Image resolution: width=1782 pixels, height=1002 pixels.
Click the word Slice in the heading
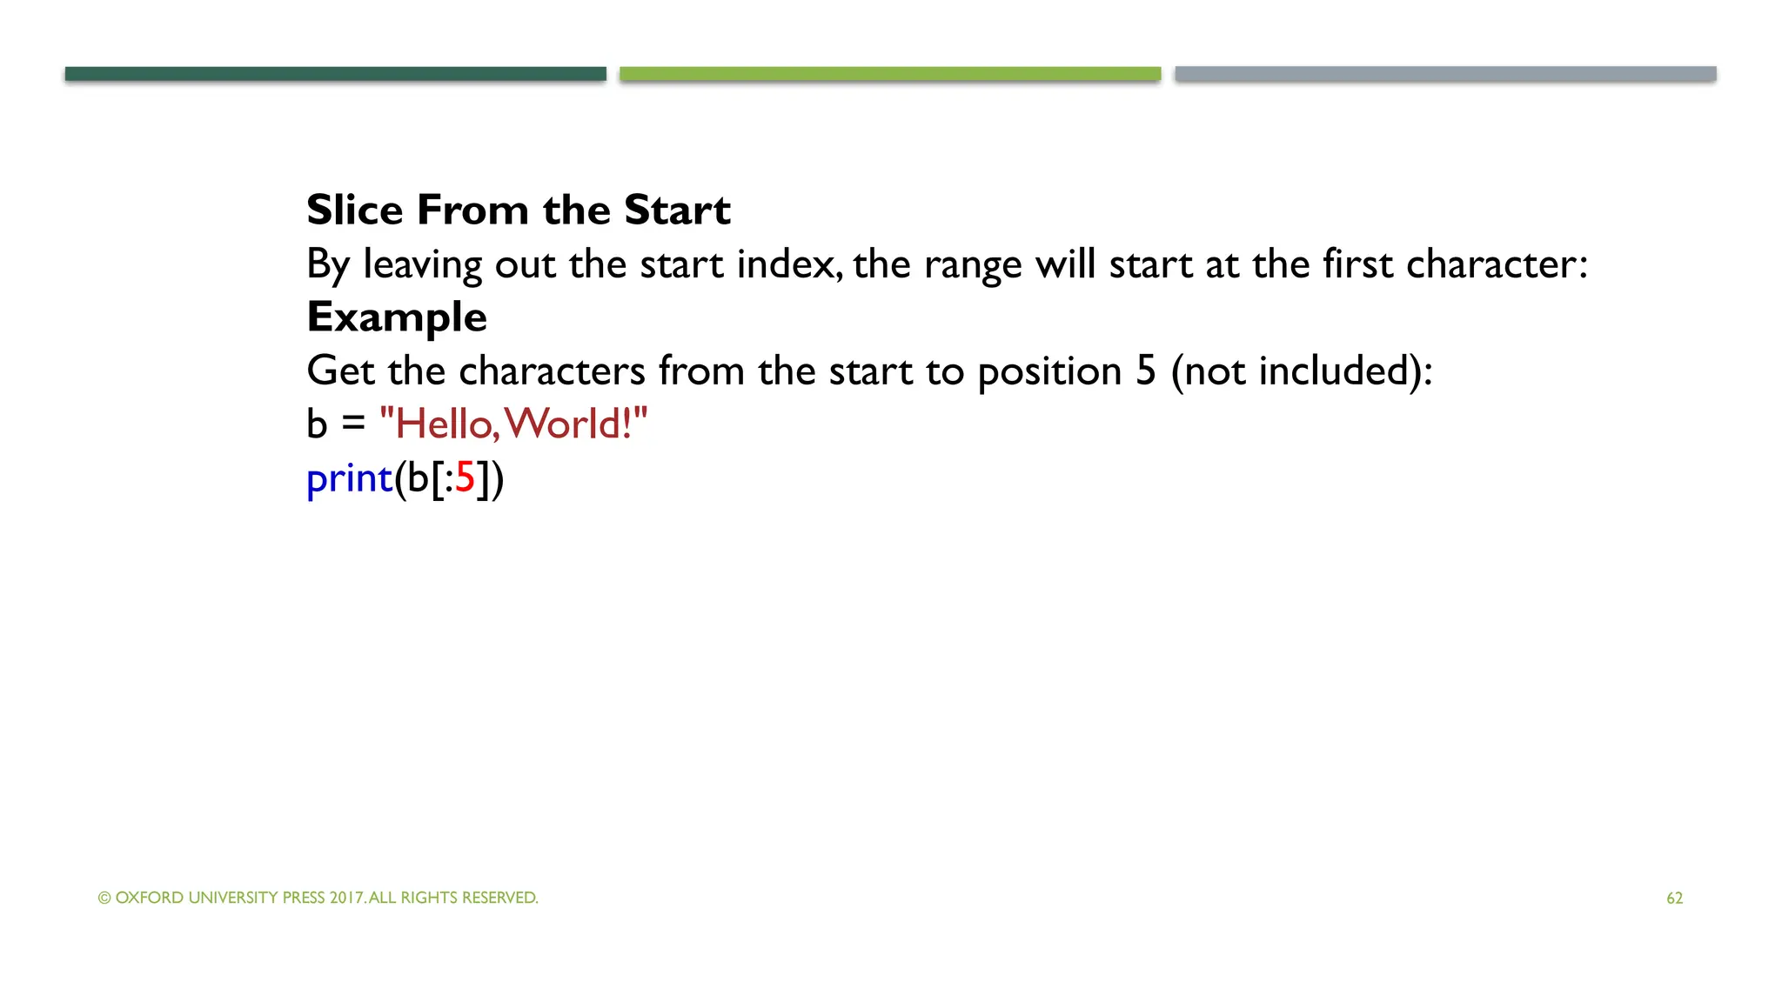coord(355,210)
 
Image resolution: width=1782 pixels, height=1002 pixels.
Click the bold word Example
coord(397,317)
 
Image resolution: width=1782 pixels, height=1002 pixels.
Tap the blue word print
coord(350,478)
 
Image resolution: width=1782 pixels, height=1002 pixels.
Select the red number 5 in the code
coord(465,478)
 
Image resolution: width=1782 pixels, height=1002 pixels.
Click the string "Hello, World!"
coord(513,424)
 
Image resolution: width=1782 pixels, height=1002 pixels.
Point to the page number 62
coord(1674,898)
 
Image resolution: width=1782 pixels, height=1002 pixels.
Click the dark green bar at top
coord(335,74)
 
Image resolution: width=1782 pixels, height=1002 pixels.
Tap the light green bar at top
coord(890,74)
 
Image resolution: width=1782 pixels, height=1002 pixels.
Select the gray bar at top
coord(1445,74)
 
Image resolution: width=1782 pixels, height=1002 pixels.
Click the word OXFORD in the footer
coord(149,898)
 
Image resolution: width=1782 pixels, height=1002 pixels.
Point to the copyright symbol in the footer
coord(104,898)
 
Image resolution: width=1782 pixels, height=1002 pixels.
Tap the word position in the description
coord(1049,371)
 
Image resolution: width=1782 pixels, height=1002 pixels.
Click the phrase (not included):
coord(1302,371)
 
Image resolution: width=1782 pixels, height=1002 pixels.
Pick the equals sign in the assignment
coord(353,425)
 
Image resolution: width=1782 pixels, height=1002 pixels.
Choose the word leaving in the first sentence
coord(422,264)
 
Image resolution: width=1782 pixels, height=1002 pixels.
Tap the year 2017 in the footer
coord(346,898)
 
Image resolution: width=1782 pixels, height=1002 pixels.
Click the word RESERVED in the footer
coord(499,898)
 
